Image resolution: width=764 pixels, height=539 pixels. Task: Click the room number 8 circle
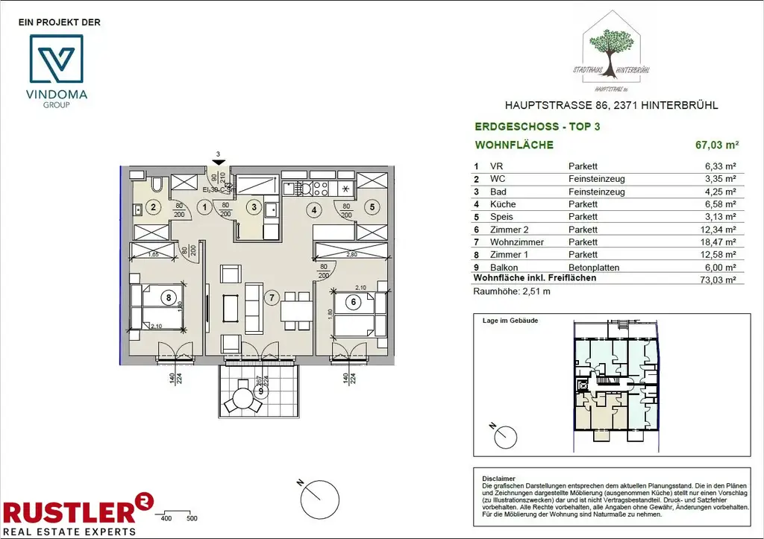pos(169,297)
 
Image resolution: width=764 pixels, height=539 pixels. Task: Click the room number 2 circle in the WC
pos(152,208)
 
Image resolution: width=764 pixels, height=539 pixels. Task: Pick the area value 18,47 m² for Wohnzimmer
pos(721,242)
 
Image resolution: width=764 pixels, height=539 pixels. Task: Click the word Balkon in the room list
pos(501,268)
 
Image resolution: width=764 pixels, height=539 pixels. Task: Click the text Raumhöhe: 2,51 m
pos(512,292)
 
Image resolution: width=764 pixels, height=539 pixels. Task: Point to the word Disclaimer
pos(498,479)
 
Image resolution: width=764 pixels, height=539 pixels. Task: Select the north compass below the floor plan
pos(320,494)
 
